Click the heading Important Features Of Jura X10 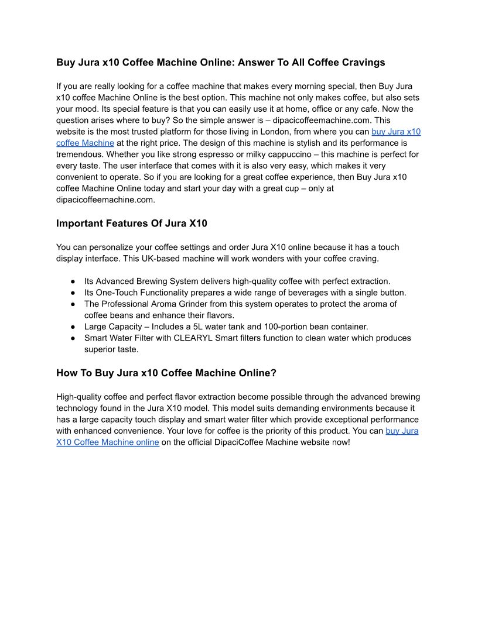click(131, 224)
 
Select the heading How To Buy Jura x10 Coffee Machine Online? click(166, 373)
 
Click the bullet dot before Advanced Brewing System click(73, 281)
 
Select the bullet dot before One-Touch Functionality click(73, 293)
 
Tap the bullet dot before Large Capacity click(73, 327)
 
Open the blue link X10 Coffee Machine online click(108, 442)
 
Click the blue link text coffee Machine click(85, 143)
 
